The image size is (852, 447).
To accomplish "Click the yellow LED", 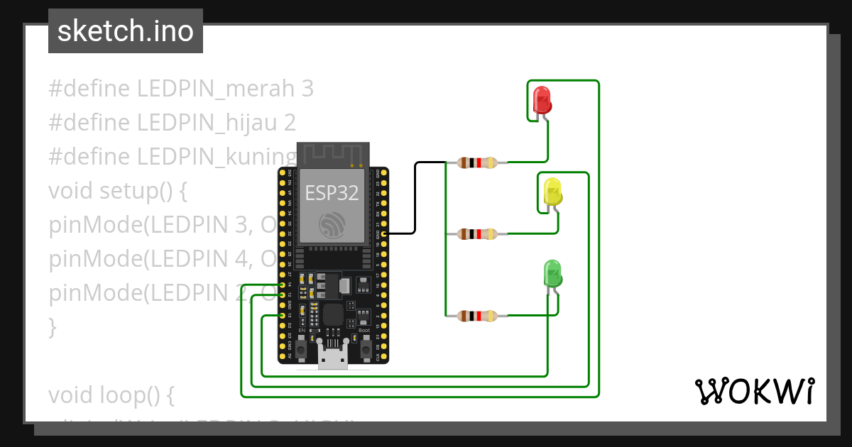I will [x=552, y=192].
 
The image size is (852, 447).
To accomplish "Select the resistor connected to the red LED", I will [x=477, y=162].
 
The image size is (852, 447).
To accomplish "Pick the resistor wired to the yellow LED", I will [x=477, y=233].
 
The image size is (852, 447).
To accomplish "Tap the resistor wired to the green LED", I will [x=477, y=316].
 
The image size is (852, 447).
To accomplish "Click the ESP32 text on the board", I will [x=332, y=192].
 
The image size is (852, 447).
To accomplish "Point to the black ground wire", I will [x=415, y=199].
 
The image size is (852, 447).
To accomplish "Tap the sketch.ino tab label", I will [x=126, y=31].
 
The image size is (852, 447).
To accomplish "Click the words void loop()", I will [x=110, y=394].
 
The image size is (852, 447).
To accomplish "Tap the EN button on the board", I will [x=301, y=348].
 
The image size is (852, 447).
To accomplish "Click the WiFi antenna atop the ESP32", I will [x=332, y=153].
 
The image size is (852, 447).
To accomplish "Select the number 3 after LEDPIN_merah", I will [x=307, y=89].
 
